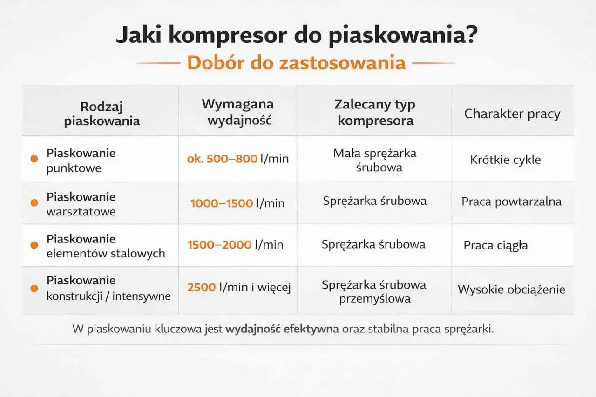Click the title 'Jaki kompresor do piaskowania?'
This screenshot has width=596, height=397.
pos(297,36)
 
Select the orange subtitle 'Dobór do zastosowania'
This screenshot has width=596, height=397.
pos(297,63)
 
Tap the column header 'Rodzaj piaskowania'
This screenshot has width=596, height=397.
pos(102,114)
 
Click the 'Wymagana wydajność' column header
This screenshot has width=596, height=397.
pos(238,112)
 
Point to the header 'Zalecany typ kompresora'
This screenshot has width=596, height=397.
pos(375,112)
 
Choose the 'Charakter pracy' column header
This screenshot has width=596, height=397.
pos(512,114)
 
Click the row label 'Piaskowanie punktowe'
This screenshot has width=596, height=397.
pos(81,161)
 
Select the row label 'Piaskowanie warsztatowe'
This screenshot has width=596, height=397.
pos(81,204)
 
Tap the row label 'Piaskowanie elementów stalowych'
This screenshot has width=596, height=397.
pos(105,246)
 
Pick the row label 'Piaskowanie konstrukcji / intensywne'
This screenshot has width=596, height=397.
pos(108,288)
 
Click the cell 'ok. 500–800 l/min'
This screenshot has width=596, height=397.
pos(238,159)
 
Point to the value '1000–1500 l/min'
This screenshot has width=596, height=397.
pos(237,203)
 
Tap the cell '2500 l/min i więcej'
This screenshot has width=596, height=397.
pos(239,288)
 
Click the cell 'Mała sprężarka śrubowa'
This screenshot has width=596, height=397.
pos(375,160)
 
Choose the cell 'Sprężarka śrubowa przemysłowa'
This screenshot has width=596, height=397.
pos(374,291)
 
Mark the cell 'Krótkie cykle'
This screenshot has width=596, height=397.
pos(505,160)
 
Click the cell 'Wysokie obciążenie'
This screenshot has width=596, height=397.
pos(511,289)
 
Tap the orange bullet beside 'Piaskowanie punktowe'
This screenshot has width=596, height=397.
pos(34,159)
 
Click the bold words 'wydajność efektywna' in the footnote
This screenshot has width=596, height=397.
pos(282,329)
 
